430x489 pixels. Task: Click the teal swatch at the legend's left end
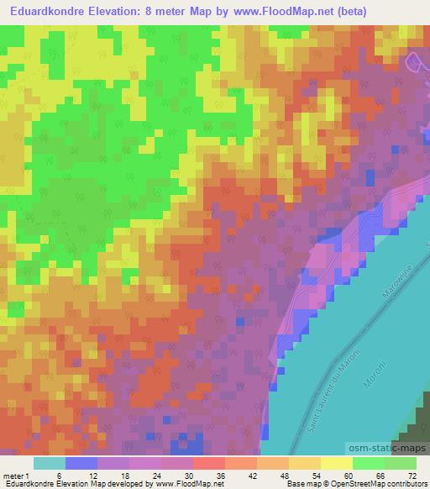pyautogui.click(x=50, y=463)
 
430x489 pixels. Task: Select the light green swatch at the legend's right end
pyautogui.click(x=401, y=463)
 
